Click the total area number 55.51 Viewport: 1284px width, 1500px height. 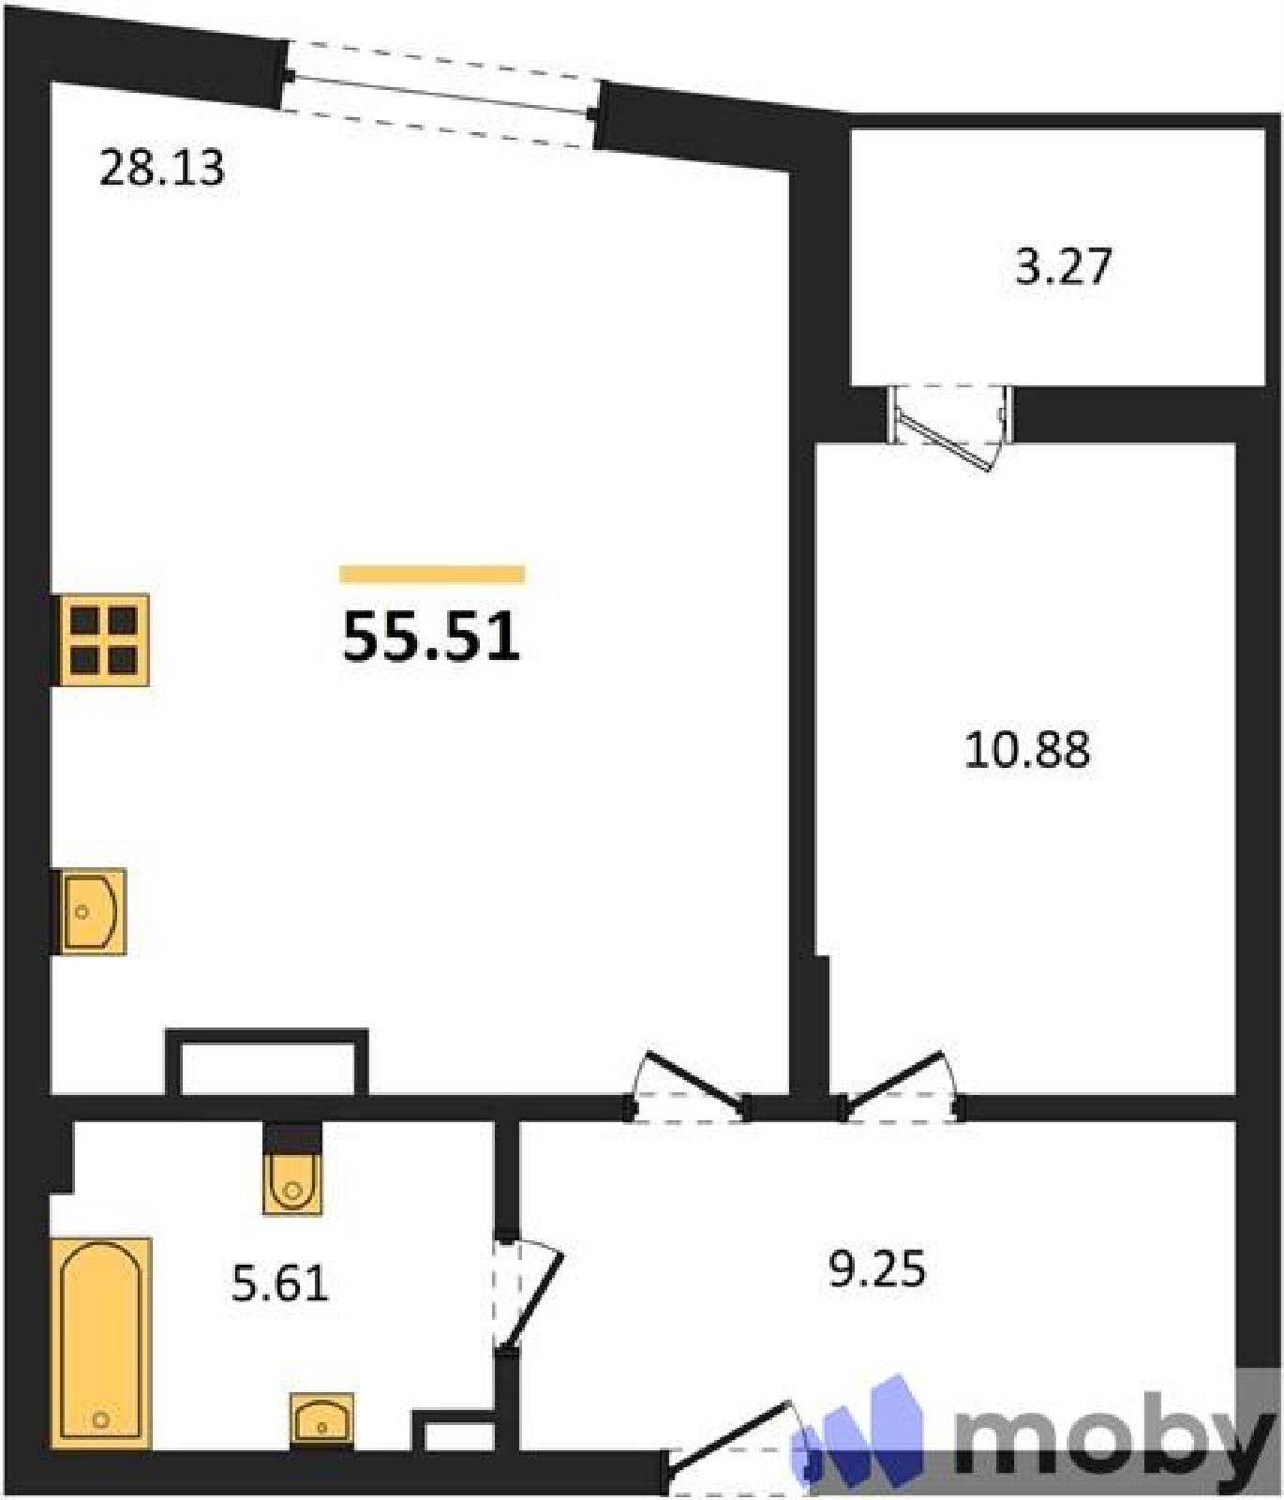[431, 637]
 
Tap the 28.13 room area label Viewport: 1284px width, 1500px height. [162, 169]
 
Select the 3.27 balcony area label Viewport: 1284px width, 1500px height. [1064, 265]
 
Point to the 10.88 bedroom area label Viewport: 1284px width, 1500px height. [1027, 751]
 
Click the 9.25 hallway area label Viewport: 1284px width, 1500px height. [877, 1268]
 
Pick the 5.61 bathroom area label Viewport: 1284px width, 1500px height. [280, 1283]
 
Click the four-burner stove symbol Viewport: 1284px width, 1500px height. [104, 640]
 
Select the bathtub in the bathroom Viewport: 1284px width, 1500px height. [101, 1342]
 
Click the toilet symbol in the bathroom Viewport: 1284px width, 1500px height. [292, 1183]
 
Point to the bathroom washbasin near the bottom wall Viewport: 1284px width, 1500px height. [321, 1420]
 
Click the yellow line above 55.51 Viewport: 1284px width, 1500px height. [432, 574]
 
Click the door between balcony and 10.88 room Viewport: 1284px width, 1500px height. [950, 427]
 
